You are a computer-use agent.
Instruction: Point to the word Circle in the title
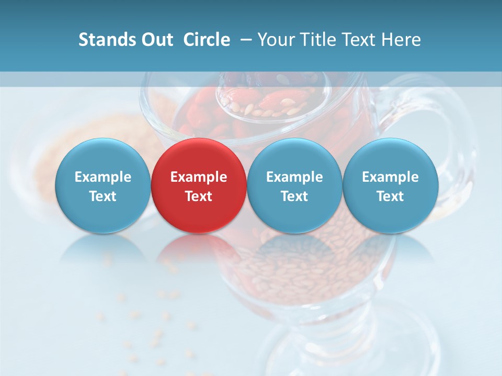pos(207,40)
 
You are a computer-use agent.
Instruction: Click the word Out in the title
pos(156,40)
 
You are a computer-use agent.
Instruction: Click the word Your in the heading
pos(276,40)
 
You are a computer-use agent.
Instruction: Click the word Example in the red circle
pos(199,177)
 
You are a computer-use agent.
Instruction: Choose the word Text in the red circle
pos(199,196)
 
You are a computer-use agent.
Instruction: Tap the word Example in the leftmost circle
pos(102,177)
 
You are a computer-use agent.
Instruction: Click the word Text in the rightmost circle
pos(390,196)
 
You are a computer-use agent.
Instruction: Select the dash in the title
pos(245,40)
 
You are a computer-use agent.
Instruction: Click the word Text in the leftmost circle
pos(102,196)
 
